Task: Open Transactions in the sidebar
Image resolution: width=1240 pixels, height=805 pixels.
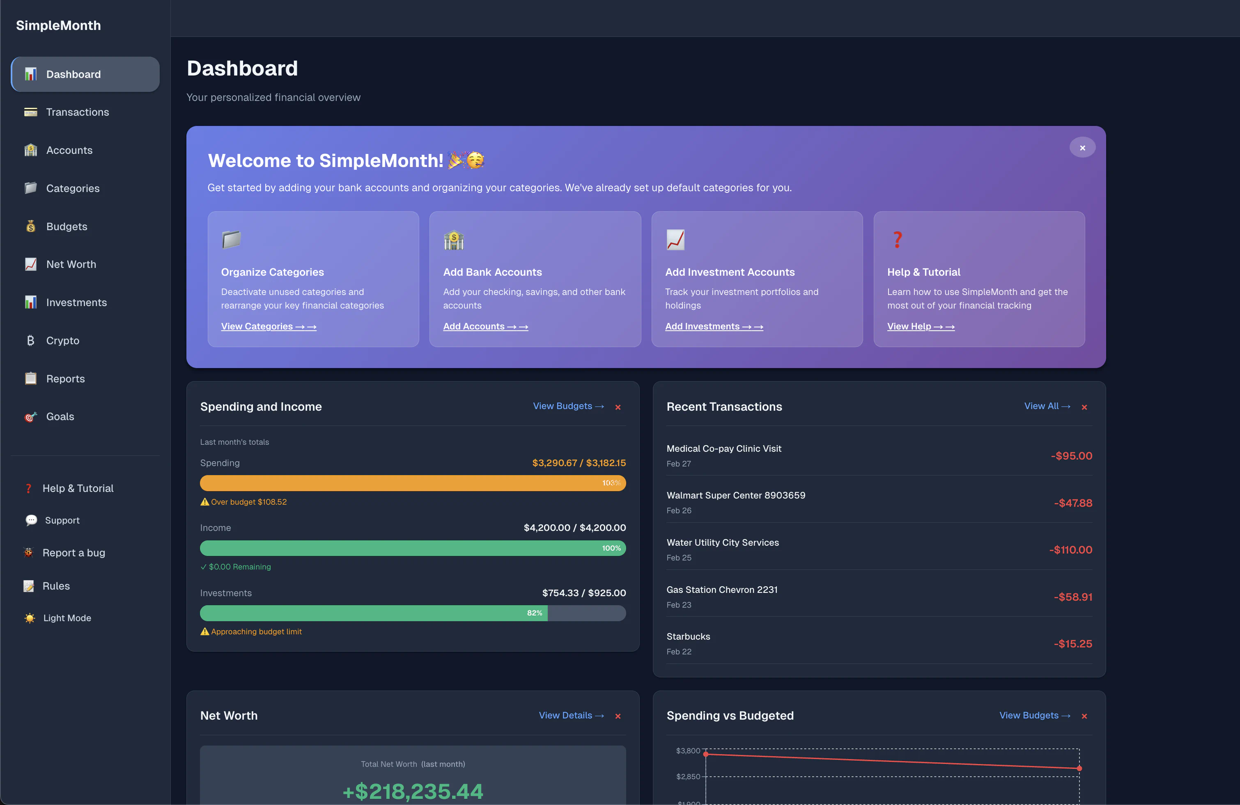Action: point(77,112)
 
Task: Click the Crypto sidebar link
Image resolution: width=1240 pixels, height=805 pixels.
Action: point(62,341)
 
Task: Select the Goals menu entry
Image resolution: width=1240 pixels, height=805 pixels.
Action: point(60,416)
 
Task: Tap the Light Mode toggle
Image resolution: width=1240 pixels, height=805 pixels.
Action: point(67,618)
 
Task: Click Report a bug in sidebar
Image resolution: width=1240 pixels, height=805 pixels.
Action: point(73,553)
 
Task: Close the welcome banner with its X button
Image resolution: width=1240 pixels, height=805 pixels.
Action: point(1082,148)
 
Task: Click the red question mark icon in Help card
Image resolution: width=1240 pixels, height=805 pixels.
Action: point(897,240)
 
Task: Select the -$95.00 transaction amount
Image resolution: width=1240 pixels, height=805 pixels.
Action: point(1071,456)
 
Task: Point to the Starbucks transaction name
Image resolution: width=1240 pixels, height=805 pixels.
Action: point(688,637)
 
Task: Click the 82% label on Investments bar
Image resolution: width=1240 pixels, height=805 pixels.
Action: point(534,613)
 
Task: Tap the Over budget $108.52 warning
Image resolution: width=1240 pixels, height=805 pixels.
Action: point(248,502)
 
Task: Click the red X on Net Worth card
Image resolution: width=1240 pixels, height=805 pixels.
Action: point(618,716)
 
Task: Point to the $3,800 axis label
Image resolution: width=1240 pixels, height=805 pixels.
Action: point(688,751)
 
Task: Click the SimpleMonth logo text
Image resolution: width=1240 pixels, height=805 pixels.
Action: point(58,25)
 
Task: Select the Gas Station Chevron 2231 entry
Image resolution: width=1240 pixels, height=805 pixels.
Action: point(721,590)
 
